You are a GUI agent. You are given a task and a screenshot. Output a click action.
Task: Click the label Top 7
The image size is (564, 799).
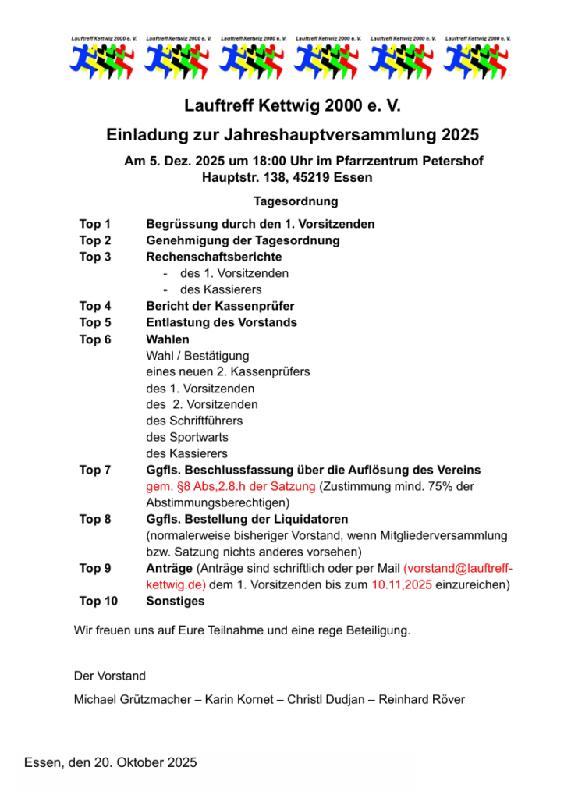pos(95,470)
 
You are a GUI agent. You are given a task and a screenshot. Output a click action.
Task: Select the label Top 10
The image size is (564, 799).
pos(98,601)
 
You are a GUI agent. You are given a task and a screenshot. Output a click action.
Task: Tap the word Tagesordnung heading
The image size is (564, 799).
pos(296,201)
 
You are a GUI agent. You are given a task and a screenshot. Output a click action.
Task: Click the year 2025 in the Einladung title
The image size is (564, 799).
pos(459,134)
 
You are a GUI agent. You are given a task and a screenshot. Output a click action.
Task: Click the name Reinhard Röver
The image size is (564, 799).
pos(422,699)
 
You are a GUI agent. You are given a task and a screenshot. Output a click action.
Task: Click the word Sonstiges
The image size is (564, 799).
pos(176,601)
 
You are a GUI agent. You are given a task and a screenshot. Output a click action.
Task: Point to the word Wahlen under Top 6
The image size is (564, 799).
pos(168,339)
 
